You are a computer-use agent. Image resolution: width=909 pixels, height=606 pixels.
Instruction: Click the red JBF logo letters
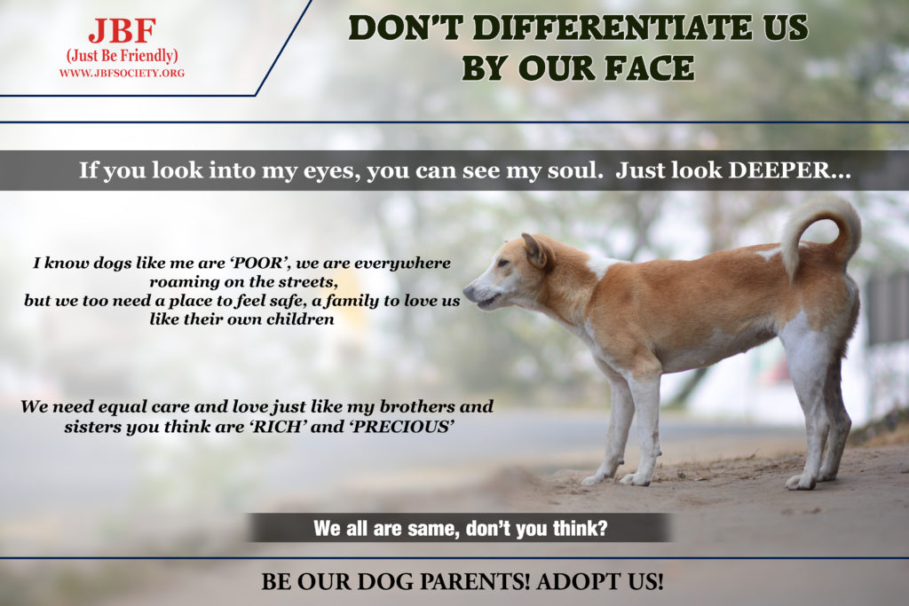click(x=123, y=31)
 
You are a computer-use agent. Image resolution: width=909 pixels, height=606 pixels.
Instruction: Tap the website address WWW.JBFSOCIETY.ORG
click(x=122, y=73)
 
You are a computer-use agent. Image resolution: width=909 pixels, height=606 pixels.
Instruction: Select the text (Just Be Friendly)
click(x=123, y=56)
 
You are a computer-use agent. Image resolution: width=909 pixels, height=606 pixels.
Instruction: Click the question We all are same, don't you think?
click(x=461, y=529)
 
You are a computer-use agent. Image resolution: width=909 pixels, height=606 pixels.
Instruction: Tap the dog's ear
click(x=535, y=249)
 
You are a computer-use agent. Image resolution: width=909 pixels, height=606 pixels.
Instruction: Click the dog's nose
click(x=469, y=291)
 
